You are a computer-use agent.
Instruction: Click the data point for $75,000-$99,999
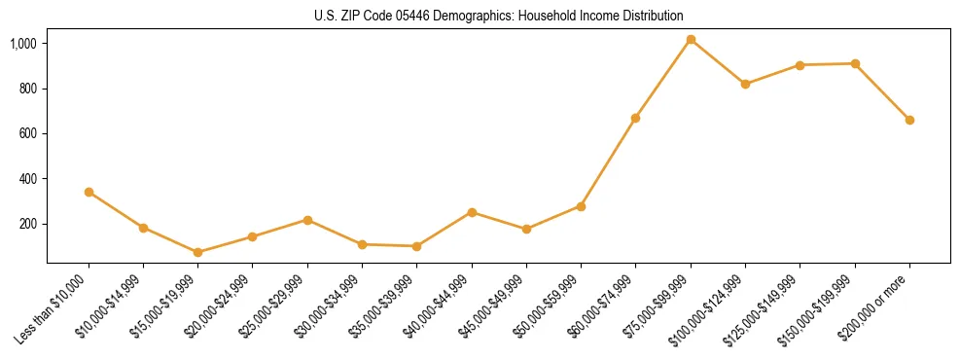[691, 40]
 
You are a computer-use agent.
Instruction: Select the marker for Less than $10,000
[89, 192]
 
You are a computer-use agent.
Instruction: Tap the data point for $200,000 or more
[909, 120]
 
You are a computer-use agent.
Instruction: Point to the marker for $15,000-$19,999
[197, 252]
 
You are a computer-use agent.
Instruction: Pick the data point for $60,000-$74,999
[636, 118]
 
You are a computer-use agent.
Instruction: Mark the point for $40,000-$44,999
[472, 212]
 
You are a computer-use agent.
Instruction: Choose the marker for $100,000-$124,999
[745, 84]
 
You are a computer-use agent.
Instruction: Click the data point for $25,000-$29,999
[307, 220]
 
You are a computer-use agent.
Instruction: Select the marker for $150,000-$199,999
[855, 63]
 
